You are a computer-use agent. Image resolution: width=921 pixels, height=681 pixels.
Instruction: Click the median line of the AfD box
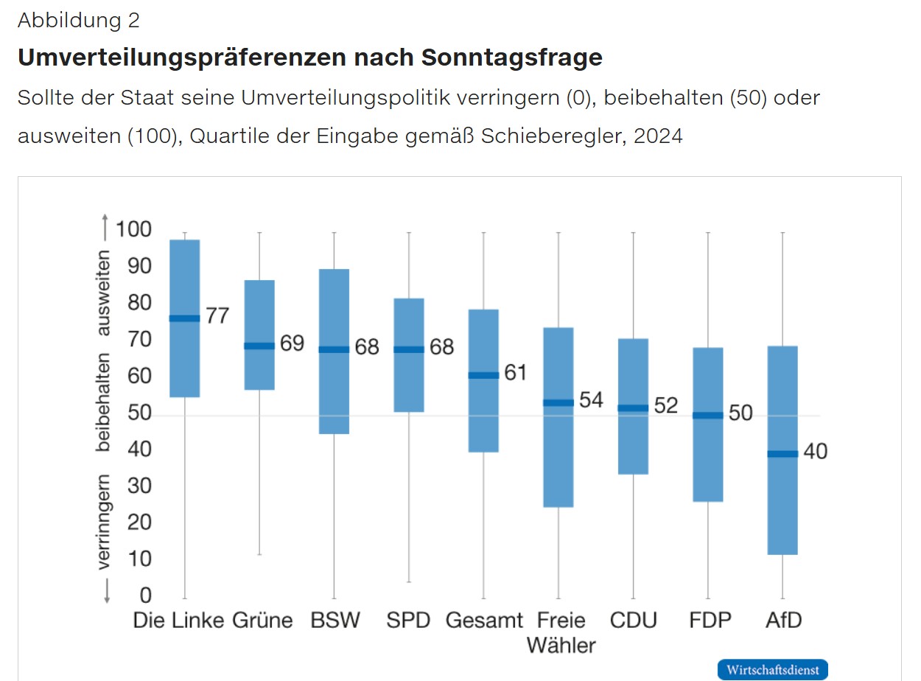point(782,453)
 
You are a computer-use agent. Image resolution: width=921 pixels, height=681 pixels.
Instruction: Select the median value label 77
point(217,315)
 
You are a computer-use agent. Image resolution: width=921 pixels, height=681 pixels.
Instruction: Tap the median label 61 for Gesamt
point(515,372)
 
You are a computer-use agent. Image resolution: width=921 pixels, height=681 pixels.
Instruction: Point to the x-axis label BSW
point(335,620)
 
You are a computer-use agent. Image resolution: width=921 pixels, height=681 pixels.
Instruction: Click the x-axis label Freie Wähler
point(561,632)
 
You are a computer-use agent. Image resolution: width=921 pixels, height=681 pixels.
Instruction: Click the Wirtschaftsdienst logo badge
point(772,669)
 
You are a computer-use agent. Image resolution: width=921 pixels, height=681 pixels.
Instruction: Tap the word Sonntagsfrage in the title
point(511,57)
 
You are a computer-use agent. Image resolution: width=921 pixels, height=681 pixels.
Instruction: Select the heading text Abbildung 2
point(78,20)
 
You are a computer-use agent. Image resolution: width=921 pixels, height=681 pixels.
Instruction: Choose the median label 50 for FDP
point(740,413)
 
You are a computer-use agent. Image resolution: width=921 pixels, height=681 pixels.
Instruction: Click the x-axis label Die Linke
point(178,620)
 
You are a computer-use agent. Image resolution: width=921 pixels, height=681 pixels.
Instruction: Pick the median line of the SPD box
point(409,349)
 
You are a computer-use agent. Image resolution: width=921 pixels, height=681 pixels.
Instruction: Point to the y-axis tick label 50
point(139,413)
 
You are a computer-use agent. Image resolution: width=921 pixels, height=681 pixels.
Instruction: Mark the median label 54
point(591,399)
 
